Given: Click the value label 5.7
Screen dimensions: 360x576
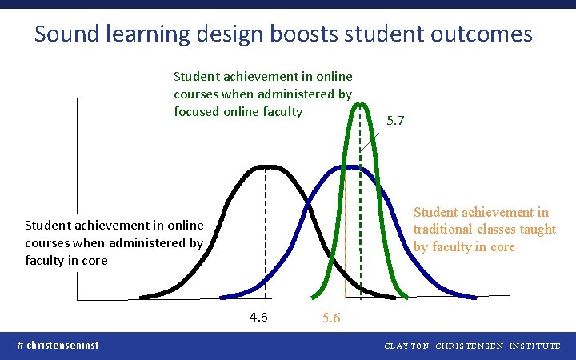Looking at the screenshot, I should click(395, 122).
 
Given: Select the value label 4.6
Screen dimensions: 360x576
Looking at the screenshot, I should click(258, 317).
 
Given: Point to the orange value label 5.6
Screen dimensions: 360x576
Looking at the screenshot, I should click(330, 318).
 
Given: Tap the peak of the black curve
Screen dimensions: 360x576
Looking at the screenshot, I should click(265, 167).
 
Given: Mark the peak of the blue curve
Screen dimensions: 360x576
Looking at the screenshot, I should click(350, 166).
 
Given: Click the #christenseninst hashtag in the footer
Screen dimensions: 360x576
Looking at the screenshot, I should click(58, 345).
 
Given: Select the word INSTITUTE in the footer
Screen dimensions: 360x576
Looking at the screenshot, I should click(534, 346).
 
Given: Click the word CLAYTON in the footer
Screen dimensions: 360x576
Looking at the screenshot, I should click(407, 346).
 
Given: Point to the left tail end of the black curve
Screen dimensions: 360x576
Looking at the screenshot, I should click(142, 298).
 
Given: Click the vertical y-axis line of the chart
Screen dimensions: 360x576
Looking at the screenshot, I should click(78, 200).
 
